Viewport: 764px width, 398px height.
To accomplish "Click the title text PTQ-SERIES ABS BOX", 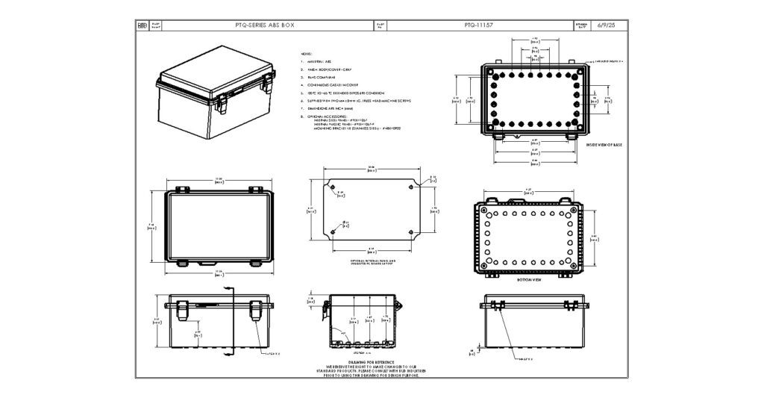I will click(264, 25).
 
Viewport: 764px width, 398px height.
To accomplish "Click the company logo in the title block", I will click(143, 25).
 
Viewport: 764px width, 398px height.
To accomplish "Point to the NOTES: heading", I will click(305, 55).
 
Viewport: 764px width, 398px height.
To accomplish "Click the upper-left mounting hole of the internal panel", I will click(333, 187).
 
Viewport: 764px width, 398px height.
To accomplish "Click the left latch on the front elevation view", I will click(182, 310).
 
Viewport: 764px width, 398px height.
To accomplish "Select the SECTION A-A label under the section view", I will click(361, 352).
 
